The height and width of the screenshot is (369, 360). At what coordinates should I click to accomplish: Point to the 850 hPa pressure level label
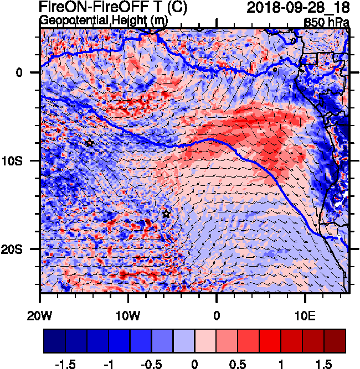coord(327,22)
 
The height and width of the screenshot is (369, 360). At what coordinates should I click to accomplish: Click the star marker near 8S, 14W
coord(90,143)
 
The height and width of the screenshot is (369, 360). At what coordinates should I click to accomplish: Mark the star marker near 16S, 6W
coord(166,214)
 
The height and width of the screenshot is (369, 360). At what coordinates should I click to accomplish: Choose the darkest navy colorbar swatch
coord(54,341)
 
